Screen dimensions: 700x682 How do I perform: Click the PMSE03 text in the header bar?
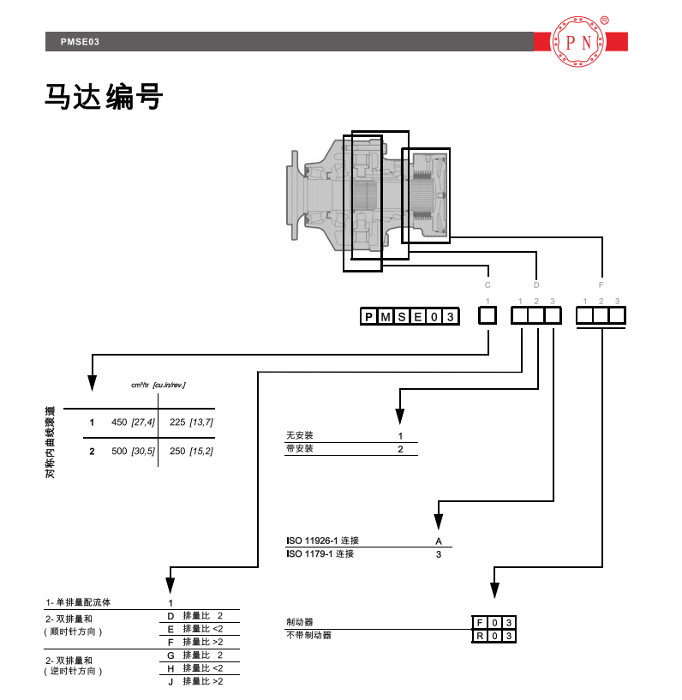[x=81, y=41]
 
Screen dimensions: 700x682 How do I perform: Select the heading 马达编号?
[x=103, y=97]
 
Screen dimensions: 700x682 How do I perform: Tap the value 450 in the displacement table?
[x=119, y=422]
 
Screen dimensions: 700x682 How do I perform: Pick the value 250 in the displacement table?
[x=177, y=451]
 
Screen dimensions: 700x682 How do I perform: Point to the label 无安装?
[x=299, y=436]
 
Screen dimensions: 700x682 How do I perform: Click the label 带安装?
[x=299, y=449]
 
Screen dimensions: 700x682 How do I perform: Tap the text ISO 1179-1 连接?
[x=320, y=554]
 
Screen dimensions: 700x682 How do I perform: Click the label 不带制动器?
[x=308, y=636]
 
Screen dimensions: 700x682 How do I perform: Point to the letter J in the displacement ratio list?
[x=170, y=681]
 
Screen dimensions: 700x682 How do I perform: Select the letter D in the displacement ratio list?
[x=170, y=616]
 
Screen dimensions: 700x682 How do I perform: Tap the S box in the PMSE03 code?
[x=400, y=317]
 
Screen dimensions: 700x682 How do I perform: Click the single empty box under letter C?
[x=487, y=316]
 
